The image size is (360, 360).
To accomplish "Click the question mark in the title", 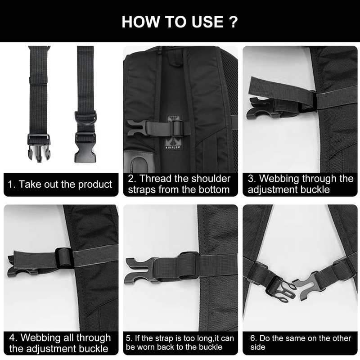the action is pos(233,22).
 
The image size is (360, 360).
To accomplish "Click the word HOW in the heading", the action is pos(140,22).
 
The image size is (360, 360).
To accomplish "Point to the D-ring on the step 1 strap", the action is pos(86,118).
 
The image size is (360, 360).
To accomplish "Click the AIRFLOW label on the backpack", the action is pos(173,147).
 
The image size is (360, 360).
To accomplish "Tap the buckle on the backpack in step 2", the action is pos(137,128).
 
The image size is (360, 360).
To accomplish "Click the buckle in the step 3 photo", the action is pos(261,108).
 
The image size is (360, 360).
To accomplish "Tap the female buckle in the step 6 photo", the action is pos(306,283).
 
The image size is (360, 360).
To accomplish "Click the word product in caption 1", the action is pos(95,184).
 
